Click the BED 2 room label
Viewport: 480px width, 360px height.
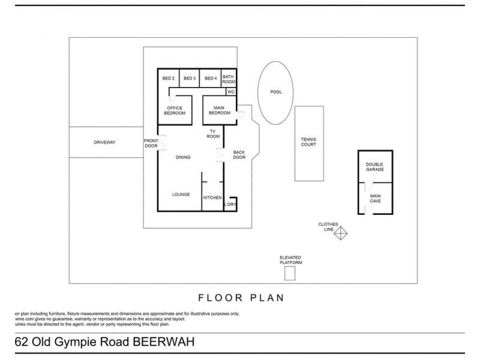click(x=169, y=79)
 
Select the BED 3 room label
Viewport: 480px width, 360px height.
click(x=190, y=79)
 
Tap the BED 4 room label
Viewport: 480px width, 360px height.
click(x=211, y=79)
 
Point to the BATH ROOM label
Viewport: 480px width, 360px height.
click(x=229, y=79)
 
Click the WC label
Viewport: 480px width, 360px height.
click(x=230, y=92)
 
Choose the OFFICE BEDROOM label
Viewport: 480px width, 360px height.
click(x=175, y=110)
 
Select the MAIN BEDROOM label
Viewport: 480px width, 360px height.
click(x=219, y=110)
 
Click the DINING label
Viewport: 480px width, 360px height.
click(x=183, y=157)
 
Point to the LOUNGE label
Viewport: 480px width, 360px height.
click(x=181, y=194)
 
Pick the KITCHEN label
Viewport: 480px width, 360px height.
click(x=212, y=197)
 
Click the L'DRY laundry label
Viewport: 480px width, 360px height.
click(x=229, y=205)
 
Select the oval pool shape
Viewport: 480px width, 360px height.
click(x=276, y=92)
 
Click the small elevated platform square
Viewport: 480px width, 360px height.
click(x=290, y=274)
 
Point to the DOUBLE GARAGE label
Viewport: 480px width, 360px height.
click(x=375, y=166)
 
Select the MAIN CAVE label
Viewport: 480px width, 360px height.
click(x=375, y=198)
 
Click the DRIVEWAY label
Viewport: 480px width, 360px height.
click(x=104, y=142)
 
